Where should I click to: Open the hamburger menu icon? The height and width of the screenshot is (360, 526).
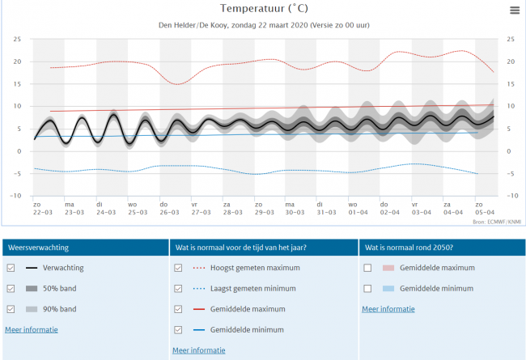[514, 10]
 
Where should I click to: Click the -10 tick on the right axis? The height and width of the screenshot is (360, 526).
[511, 196]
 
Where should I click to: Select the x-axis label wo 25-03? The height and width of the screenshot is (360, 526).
[132, 208]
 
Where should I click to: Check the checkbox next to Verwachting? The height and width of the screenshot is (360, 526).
[10, 268]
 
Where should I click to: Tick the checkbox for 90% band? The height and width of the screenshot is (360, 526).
[10, 309]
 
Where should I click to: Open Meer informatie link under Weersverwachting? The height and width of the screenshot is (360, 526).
[32, 329]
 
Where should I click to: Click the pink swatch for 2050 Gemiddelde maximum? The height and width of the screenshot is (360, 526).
[388, 268]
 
